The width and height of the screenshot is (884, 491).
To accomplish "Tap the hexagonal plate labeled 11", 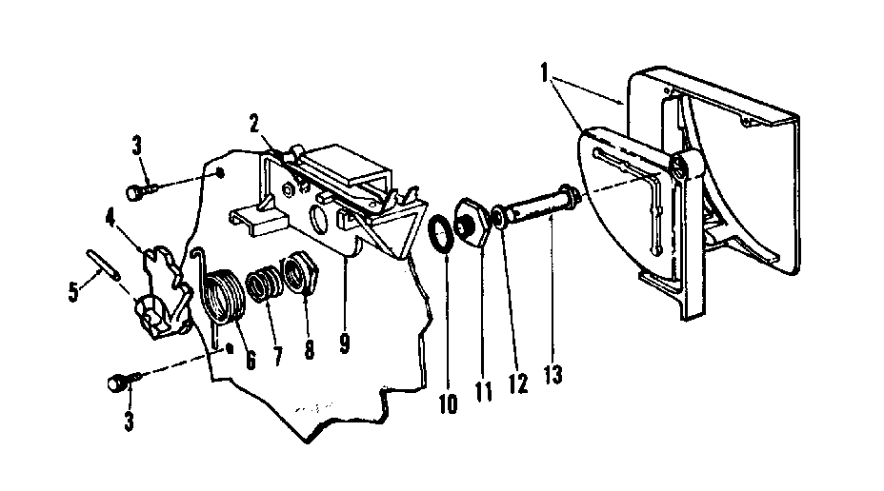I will tap(470, 225).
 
